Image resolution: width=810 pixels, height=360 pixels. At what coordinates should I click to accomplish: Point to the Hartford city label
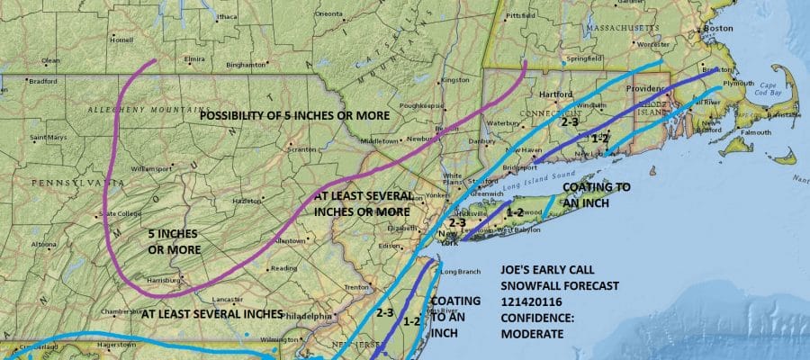click(x=555, y=94)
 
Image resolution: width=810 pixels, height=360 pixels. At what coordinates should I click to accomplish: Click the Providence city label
click(x=645, y=89)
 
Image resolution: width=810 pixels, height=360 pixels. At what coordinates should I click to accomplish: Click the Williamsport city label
click(x=151, y=168)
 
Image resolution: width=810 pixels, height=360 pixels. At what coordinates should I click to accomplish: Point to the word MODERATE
click(x=533, y=334)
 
